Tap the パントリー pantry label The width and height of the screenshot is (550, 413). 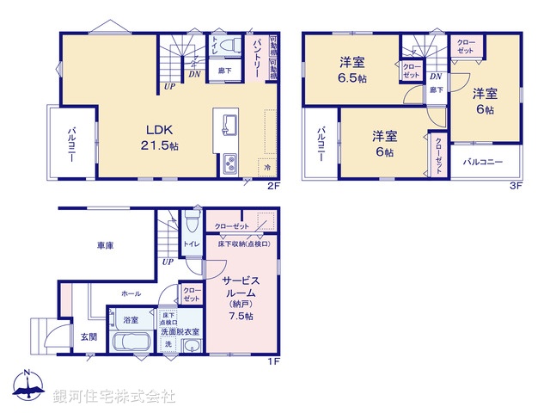coord(256,58)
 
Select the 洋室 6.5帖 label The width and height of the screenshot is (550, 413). coord(351,69)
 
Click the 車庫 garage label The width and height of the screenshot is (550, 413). coord(105,245)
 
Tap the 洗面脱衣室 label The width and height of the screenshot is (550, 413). coord(180,331)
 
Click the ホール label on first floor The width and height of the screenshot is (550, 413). coord(131,293)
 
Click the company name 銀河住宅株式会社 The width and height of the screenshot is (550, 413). coord(114,397)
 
